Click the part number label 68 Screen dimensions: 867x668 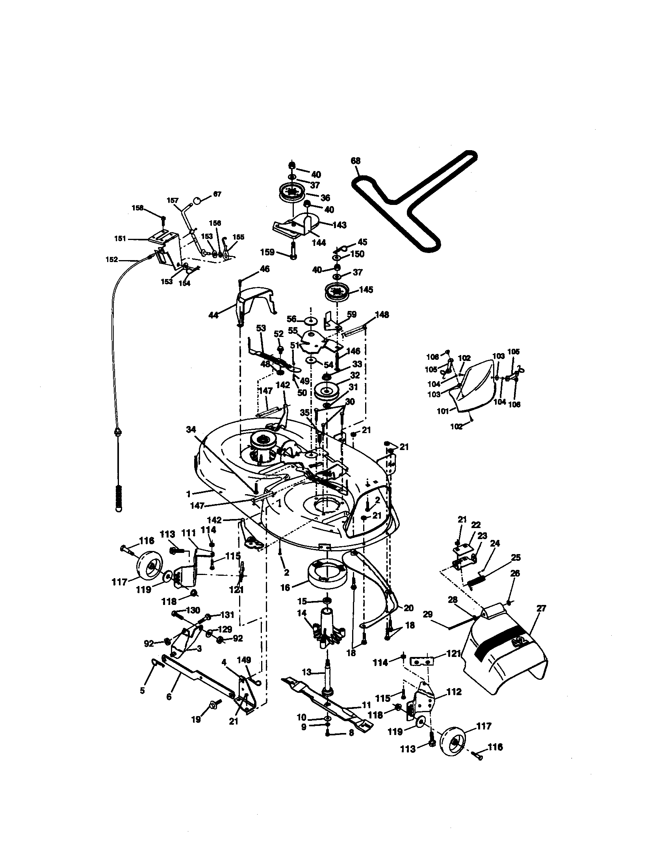[x=356, y=161]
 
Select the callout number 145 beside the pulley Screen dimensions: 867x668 [x=366, y=290]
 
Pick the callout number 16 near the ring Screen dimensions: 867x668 [x=285, y=588]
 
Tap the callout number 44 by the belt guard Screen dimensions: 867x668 [x=213, y=316]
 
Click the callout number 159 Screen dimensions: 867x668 [x=267, y=252]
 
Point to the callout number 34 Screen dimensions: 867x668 [x=191, y=429]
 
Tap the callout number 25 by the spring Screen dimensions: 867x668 [x=515, y=558]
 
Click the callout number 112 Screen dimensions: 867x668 [x=454, y=692]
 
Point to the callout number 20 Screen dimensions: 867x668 [x=408, y=608]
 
